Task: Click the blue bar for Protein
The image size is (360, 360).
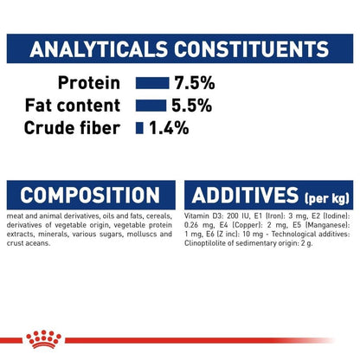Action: [x=151, y=84]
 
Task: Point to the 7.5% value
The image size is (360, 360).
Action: [x=193, y=84]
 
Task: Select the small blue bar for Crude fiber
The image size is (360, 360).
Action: [x=138, y=127]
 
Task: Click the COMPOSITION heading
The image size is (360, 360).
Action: [x=90, y=195]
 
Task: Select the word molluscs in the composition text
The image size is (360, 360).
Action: [x=137, y=235]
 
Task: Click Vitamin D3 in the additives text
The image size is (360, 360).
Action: [x=206, y=215]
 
